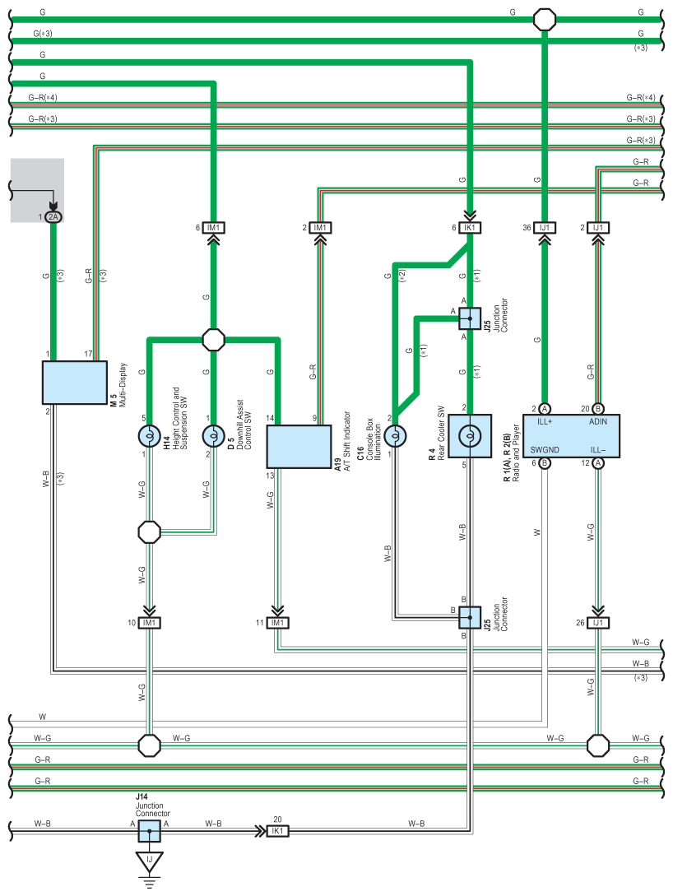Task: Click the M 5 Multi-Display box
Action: [74, 383]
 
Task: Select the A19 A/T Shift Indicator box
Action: [299, 446]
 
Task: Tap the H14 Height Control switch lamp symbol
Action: [150, 437]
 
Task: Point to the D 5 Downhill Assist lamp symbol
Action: [214, 437]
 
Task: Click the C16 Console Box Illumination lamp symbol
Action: [396, 436]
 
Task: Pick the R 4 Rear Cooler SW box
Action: [470, 436]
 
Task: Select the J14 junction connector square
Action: [149, 831]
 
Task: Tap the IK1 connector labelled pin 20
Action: [277, 831]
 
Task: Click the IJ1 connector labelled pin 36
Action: [545, 227]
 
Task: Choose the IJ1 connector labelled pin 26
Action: [598, 622]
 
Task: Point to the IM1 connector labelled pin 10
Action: [150, 622]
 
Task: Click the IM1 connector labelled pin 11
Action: [277, 622]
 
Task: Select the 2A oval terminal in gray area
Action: [53, 216]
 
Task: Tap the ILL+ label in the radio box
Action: [545, 422]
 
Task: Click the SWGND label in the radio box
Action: [545, 450]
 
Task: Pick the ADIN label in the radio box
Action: [598, 422]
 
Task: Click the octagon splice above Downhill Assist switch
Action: [214, 340]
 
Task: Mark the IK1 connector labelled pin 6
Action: [470, 227]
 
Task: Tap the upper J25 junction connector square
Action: [470, 318]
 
